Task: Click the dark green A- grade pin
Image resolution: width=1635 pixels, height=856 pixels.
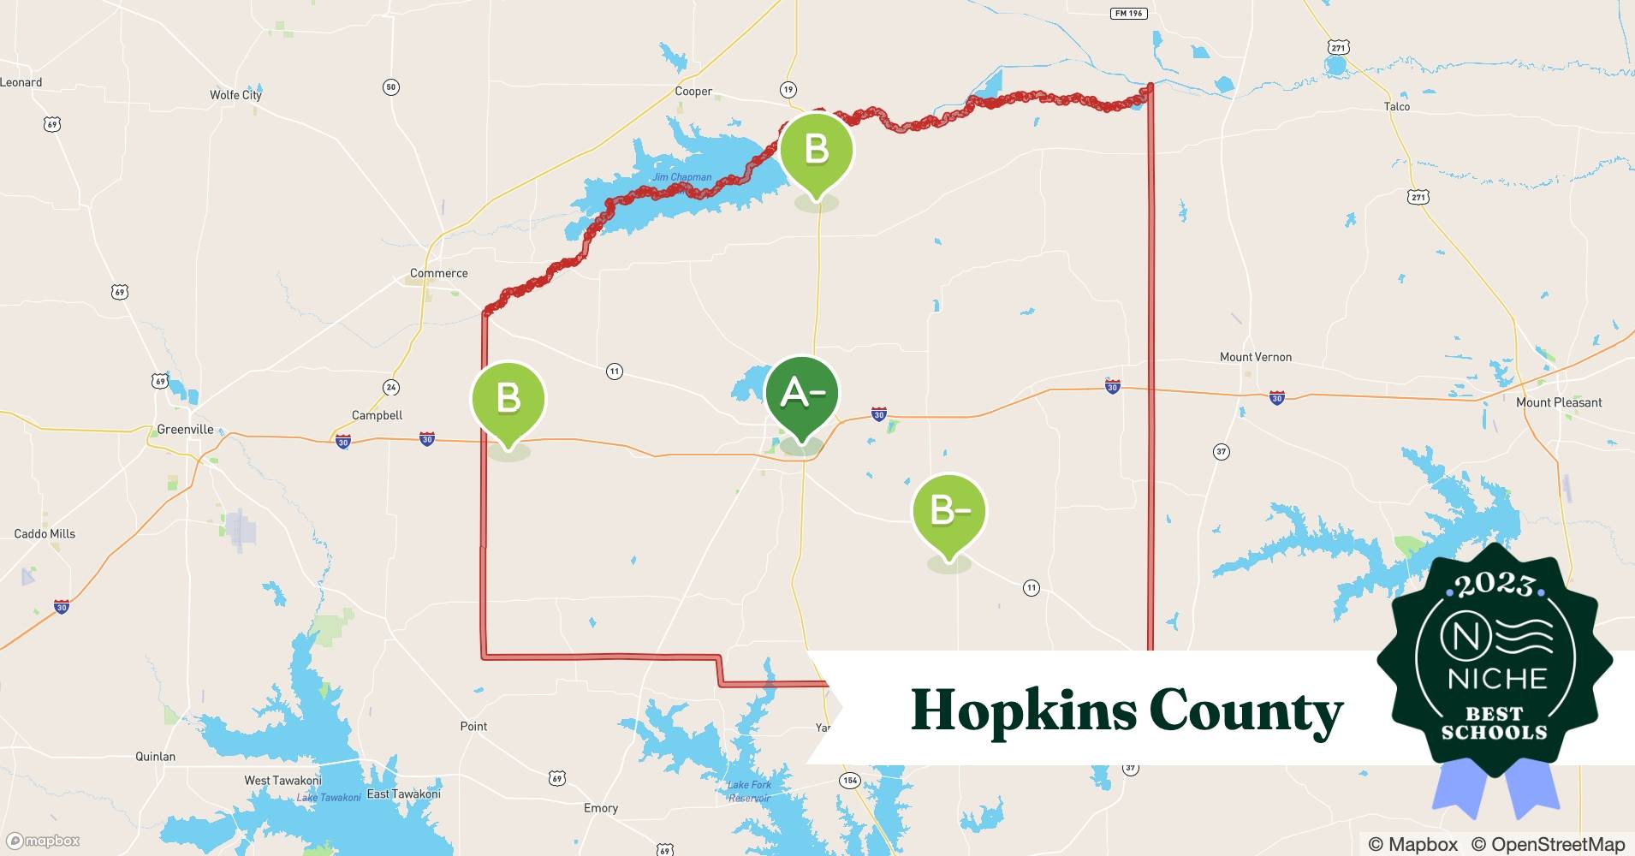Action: point(801,395)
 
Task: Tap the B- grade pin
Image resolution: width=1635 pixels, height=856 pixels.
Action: point(949,512)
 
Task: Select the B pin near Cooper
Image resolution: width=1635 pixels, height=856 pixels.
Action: point(817,151)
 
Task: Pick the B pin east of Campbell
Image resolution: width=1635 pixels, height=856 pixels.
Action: point(508,399)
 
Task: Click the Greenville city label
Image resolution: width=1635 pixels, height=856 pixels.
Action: point(185,429)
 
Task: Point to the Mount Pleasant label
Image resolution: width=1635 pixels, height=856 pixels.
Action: point(1558,402)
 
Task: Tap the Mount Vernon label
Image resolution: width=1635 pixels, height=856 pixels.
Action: point(1255,357)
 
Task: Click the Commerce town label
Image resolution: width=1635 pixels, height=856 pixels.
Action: point(438,273)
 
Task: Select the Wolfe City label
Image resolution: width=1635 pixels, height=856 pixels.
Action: point(235,95)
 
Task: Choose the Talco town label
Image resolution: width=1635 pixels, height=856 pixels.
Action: point(1396,106)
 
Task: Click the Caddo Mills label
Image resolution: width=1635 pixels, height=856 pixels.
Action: point(45,533)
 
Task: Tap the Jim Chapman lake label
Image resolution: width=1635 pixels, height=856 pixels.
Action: point(681,177)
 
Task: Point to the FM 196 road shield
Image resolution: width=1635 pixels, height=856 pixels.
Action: point(1128,14)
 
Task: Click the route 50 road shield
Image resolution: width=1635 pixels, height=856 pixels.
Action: point(390,86)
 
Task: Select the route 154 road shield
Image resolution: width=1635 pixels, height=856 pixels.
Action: point(849,780)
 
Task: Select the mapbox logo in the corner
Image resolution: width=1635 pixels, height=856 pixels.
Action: point(43,841)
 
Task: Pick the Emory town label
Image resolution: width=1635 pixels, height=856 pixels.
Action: point(600,808)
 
